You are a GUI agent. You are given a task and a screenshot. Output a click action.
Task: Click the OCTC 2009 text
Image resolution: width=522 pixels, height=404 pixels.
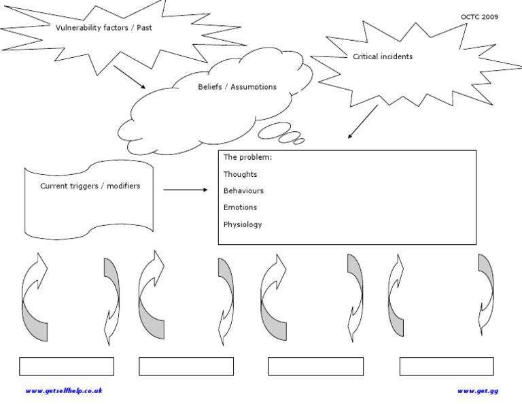point(479,17)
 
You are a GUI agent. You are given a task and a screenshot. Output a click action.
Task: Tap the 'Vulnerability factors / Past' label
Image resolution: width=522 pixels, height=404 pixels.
point(99,28)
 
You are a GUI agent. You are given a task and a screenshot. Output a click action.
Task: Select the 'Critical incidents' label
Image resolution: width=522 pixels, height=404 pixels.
point(383,56)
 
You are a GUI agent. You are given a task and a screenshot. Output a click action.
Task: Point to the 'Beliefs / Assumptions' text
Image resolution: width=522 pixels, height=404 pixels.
point(237,87)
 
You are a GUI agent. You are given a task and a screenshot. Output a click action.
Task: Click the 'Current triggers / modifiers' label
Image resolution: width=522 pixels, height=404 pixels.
point(90,186)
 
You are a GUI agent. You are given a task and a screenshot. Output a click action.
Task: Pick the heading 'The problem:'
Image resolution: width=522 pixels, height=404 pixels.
point(247,157)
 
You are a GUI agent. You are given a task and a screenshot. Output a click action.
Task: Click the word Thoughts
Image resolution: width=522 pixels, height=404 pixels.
point(240,174)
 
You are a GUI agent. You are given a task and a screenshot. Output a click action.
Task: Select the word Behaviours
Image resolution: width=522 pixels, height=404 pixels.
point(243,191)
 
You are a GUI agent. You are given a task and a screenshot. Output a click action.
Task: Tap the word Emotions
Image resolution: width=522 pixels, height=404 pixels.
point(240,207)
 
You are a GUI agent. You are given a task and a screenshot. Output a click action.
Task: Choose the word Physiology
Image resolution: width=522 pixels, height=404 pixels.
point(243,224)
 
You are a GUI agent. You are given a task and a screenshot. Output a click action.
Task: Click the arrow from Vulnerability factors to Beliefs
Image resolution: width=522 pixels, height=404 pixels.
point(129,77)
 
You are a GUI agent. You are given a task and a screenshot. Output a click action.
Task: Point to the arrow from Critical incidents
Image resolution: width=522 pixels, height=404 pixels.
point(362,122)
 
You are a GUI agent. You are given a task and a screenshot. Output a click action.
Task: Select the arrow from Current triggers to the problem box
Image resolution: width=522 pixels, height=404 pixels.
point(186,190)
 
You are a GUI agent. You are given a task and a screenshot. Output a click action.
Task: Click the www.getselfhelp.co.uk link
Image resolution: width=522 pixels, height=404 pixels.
point(64,390)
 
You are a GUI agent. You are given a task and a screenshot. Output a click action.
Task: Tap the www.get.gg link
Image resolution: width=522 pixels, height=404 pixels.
point(478,390)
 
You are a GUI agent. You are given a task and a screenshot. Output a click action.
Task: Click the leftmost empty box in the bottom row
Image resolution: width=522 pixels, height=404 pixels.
point(67,367)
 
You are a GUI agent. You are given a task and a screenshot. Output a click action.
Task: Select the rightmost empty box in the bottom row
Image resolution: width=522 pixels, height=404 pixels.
point(447,367)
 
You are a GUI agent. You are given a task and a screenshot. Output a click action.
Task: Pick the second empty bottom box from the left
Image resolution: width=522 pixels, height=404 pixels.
point(186,367)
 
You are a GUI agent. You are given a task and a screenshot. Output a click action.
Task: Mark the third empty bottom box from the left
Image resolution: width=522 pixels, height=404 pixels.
point(315,367)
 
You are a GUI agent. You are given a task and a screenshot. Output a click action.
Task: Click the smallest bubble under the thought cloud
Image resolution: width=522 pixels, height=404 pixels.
point(298,141)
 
